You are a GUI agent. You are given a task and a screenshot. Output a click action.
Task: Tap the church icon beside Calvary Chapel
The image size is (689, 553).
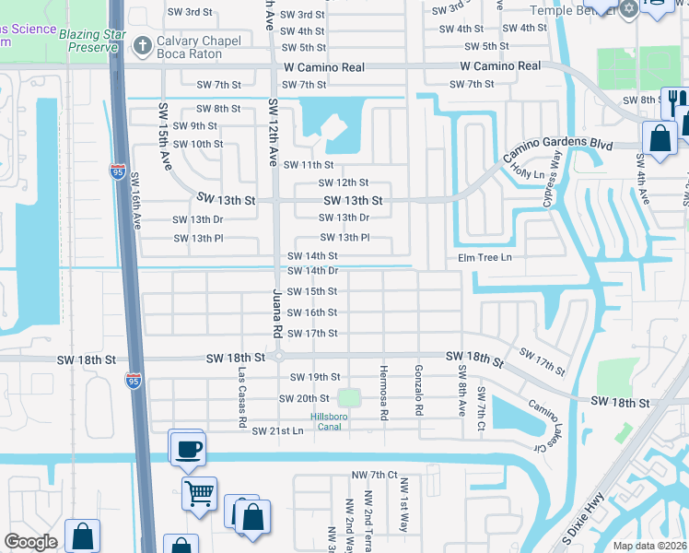pos(143,45)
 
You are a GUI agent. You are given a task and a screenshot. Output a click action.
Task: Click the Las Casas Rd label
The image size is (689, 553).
pos(242,397)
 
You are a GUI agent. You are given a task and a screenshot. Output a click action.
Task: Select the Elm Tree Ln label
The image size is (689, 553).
pos(485,257)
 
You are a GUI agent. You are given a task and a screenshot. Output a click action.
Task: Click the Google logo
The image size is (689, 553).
pos(30,542)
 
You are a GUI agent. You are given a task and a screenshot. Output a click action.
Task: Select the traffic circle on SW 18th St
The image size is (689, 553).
pos(278,357)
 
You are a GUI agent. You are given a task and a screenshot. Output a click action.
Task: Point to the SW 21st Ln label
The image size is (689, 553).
pos(277,430)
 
